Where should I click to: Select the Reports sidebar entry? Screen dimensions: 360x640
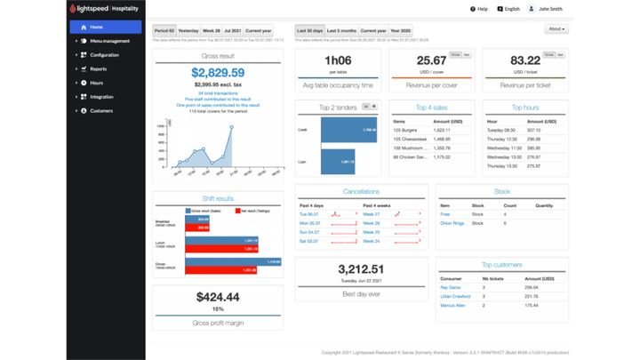(98, 68)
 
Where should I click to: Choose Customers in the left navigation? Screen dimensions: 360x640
(101, 111)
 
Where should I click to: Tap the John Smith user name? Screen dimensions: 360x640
(550, 8)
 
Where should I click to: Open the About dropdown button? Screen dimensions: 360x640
(556, 28)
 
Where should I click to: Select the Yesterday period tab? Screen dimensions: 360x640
(189, 30)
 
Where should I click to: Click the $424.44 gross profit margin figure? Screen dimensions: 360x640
(218, 297)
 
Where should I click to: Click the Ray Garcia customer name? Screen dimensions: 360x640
(452, 288)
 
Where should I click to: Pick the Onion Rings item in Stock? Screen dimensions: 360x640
(452, 223)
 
